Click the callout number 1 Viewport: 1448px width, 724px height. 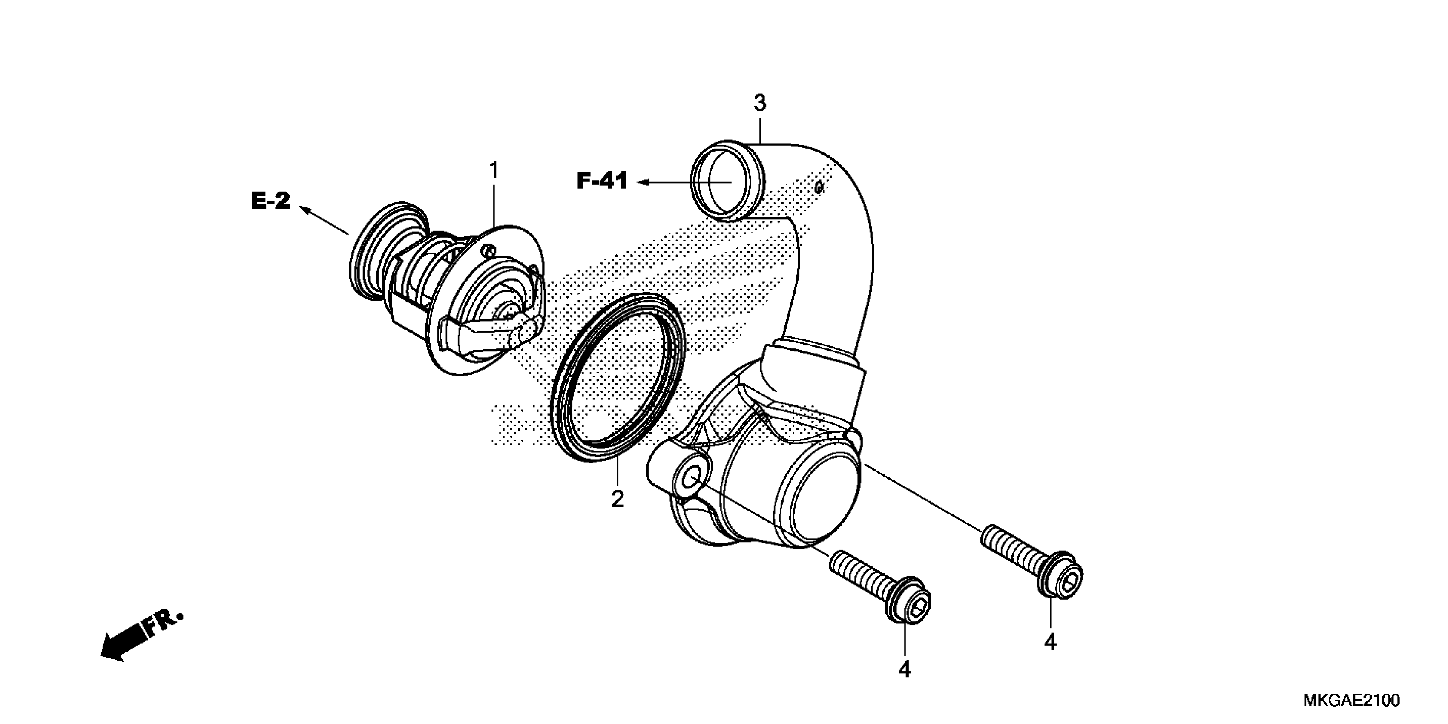click(x=494, y=170)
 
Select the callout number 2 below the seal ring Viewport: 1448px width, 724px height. click(x=617, y=499)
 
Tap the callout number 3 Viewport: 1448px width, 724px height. click(x=759, y=103)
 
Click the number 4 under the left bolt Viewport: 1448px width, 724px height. click(x=905, y=669)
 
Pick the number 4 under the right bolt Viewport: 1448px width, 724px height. click(x=1050, y=642)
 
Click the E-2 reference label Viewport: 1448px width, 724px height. click(x=270, y=201)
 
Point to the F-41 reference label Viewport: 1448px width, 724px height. click(x=602, y=181)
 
